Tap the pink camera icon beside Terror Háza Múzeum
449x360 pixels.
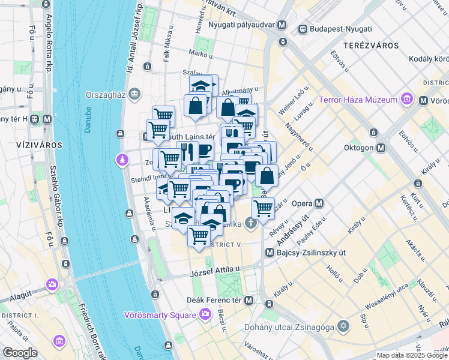408,98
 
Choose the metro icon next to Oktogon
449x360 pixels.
381,148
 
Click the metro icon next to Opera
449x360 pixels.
319,203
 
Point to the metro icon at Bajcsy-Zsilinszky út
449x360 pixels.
270,253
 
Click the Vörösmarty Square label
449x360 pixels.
160,314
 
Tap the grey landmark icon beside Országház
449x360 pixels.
134,94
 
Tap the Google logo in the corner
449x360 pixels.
20,352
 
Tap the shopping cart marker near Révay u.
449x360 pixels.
263,208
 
